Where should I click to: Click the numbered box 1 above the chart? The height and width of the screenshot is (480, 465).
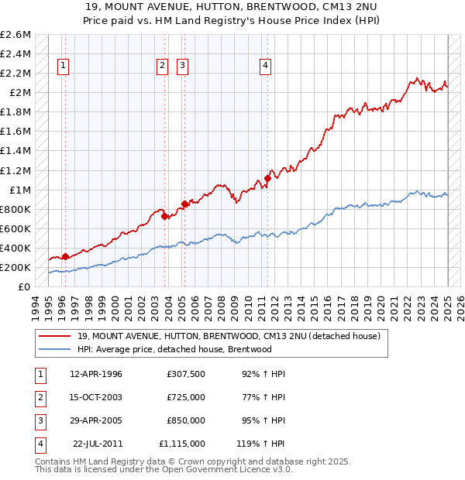(x=62, y=66)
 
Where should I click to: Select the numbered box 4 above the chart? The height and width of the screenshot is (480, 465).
(x=265, y=66)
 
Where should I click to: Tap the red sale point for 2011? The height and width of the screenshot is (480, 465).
(x=267, y=178)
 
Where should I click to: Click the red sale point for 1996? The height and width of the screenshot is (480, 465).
(x=65, y=256)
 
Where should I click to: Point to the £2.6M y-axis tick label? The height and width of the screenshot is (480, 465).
(x=15, y=35)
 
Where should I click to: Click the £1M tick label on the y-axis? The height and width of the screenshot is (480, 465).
(x=19, y=190)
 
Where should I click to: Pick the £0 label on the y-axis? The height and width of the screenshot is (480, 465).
(x=26, y=286)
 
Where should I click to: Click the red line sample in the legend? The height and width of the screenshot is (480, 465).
(x=54, y=337)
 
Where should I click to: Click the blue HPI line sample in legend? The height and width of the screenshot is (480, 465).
(x=54, y=349)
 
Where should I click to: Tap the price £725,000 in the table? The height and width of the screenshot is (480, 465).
(x=185, y=397)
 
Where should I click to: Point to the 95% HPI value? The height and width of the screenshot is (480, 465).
(x=264, y=420)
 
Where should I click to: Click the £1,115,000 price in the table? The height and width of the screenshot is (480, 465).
(x=182, y=444)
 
